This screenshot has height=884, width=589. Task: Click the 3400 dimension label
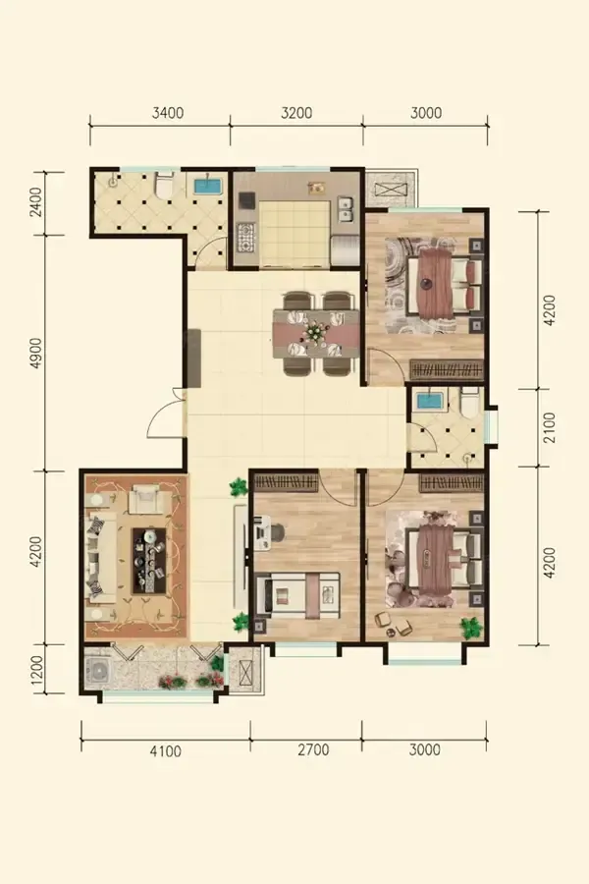(x=168, y=113)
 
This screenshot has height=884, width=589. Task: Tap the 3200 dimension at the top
(x=296, y=113)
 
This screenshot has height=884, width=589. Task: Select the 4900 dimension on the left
(x=36, y=354)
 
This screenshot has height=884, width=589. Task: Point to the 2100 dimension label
(x=550, y=427)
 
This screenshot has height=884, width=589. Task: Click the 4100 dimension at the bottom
(x=166, y=751)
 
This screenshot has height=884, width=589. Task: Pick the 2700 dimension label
(x=313, y=749)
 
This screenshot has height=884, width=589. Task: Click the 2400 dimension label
(x=36, y=202)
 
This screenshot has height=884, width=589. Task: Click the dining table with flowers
(x=316, y=333)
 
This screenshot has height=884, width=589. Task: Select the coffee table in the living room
(x=150, y=561)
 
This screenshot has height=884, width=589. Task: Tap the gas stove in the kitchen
(x=247, y=238)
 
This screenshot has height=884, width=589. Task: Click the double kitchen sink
(x=345, y=209)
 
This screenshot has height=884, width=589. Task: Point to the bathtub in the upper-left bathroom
(x=208, y=186)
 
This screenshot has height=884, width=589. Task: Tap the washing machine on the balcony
(x=100, y=672)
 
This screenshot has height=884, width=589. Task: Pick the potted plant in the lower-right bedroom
(x=470, y=627)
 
